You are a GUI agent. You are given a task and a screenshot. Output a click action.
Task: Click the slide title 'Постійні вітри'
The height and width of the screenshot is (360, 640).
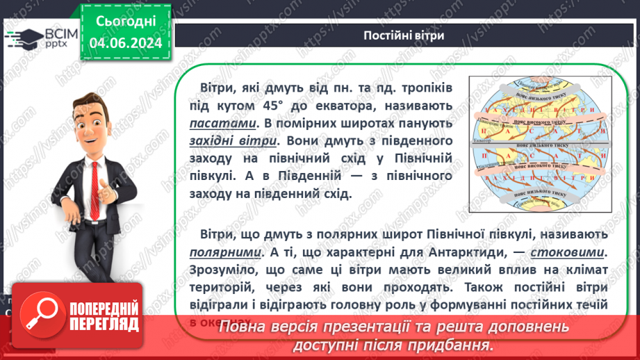404,35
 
